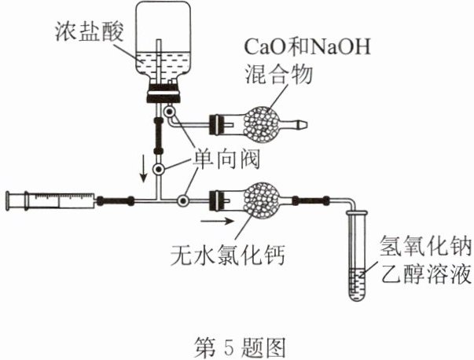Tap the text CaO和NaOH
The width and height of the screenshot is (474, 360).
(x=307, y=47)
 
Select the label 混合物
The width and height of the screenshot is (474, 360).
(x=278, y=74)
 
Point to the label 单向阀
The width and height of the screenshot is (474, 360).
(x=226, y=159)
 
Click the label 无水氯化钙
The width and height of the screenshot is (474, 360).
(x=228, y=254)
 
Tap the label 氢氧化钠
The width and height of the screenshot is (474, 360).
(x=425, y=246)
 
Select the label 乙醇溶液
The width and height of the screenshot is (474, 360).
(x=425, y=274)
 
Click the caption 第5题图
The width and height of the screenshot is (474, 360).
(x=240, y=347)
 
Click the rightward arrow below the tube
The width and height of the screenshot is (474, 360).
(x=218, y=221)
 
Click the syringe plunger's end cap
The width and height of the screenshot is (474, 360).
(x=8, y=200)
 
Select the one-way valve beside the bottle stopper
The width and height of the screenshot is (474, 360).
(x=169, y=112)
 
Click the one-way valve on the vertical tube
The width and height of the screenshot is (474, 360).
(x=159, y=169)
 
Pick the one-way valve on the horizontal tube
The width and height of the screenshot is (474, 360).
(x=182, y=200)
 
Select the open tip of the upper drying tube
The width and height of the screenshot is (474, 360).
(x=306, y=124)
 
